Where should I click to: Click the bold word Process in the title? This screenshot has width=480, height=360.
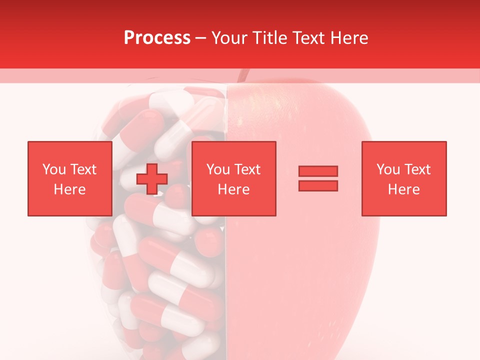[157, 38]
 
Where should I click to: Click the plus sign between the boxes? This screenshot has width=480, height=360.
[152, 179]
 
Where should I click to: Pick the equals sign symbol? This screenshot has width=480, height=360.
[318, 178]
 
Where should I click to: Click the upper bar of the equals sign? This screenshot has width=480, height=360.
[318, 171]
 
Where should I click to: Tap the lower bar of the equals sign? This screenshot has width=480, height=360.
[318, 185]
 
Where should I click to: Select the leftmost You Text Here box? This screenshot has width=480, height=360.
[69, 178]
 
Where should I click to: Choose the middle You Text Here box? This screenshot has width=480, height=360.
[233, 178]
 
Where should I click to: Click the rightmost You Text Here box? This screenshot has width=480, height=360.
[403, 178]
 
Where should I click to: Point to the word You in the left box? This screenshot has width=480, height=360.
[53, 169]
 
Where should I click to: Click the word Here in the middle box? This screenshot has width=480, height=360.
[233, 189]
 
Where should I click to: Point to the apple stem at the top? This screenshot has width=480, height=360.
[243, 75]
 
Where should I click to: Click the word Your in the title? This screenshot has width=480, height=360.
[228, 38]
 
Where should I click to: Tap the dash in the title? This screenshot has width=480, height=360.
[201, 38]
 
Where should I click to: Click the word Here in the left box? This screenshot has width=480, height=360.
[69, 189]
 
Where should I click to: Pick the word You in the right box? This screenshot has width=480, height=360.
[387, 169]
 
